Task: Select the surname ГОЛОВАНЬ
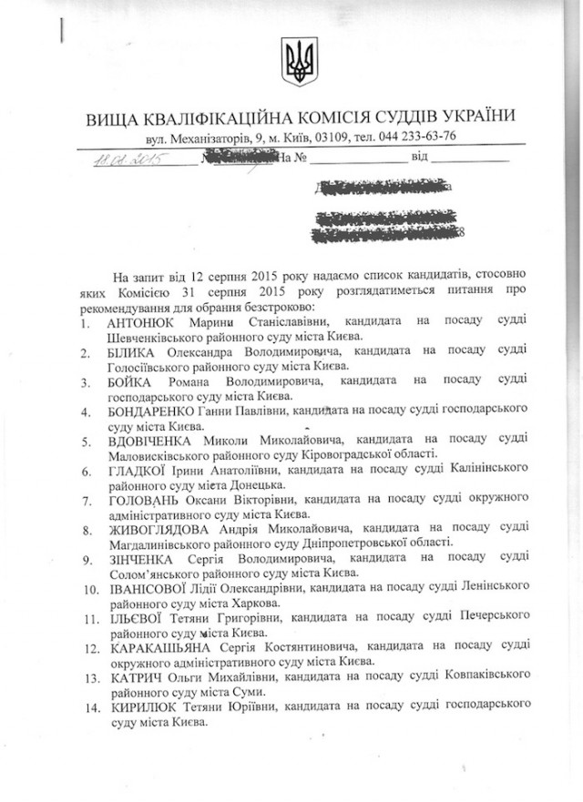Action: tap(145, 498)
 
